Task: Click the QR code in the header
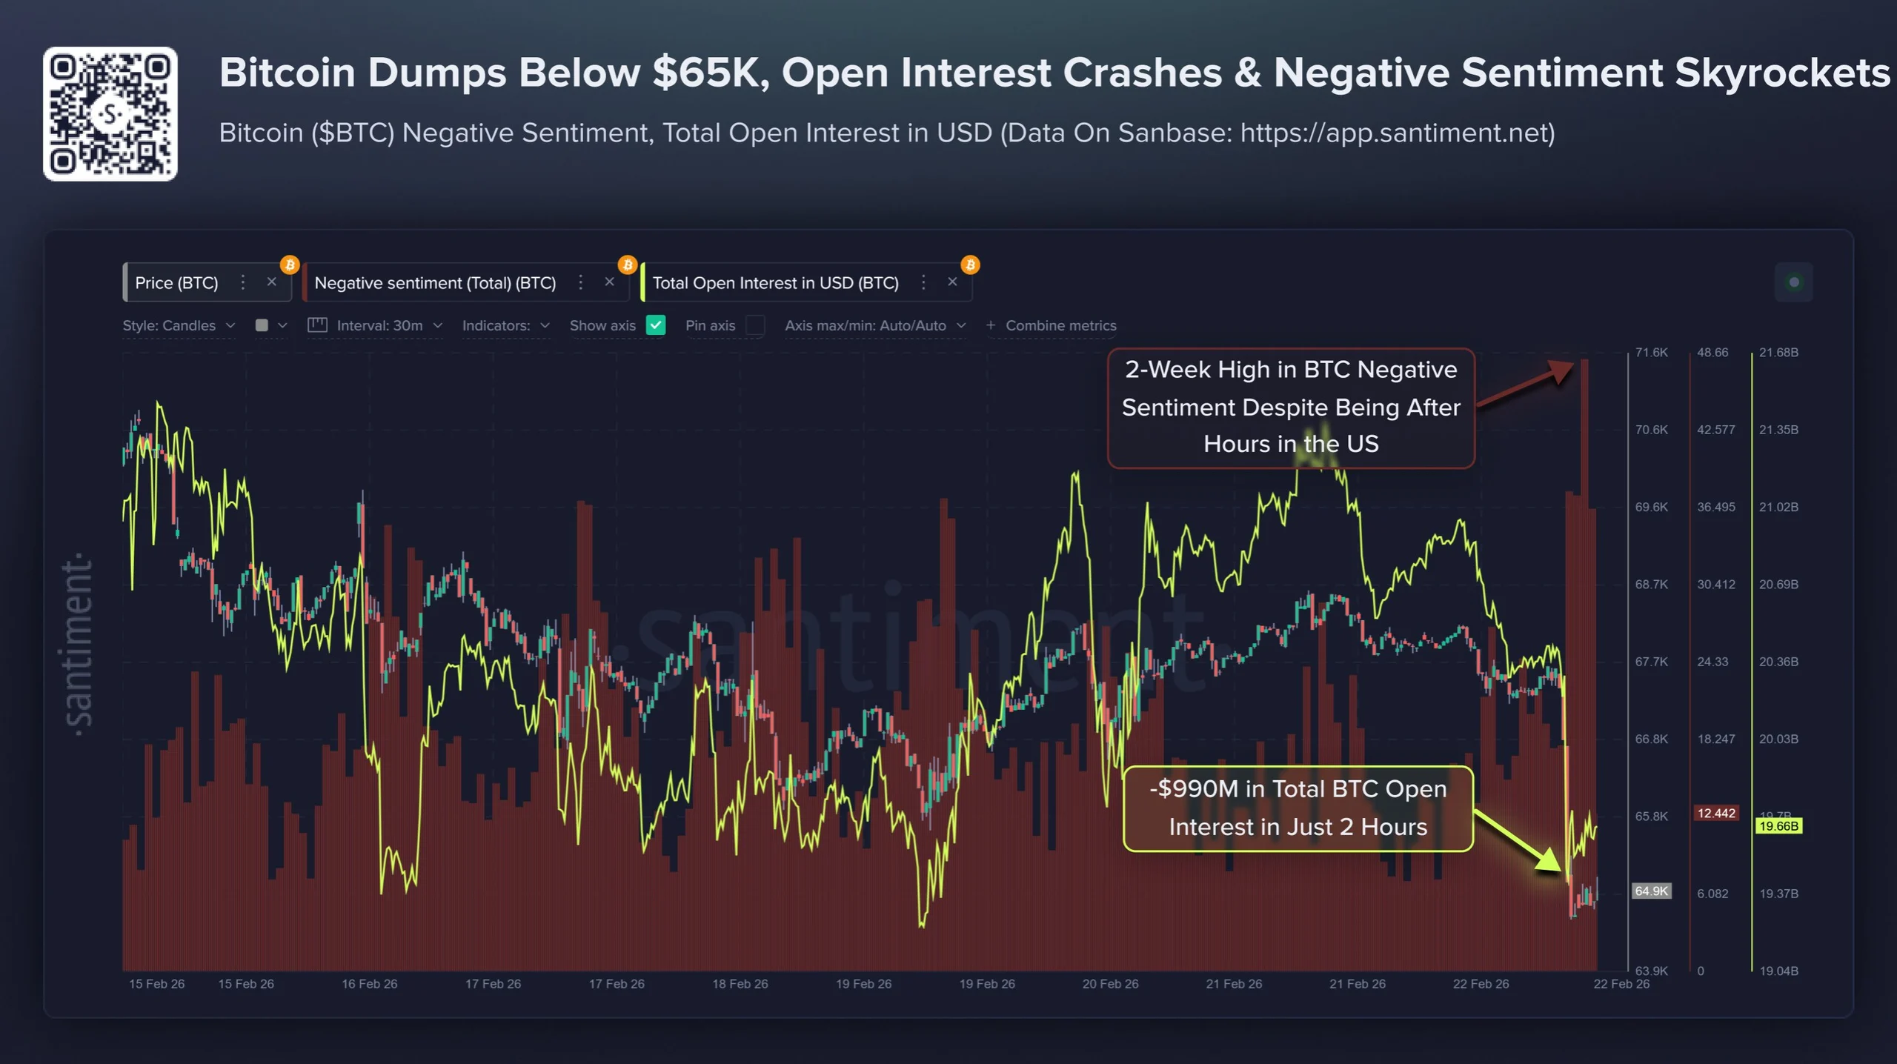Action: (x=110, y=113)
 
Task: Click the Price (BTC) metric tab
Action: (x=176, y=283)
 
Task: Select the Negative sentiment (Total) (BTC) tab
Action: (x=435, y=283)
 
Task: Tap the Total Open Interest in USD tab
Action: (x=775, y=283)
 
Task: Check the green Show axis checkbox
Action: (x=656, y=325)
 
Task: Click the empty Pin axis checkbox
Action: (x=755, y=325)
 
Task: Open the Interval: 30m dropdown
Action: (x=379, y=325)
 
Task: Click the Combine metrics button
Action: (x=1052, y=325)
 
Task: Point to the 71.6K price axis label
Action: (x=1651, y=353)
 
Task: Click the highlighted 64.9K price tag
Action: (x=1651, y=891)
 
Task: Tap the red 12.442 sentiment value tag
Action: (x=1715, y=814)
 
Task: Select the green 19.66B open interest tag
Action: (x=1778, y=826)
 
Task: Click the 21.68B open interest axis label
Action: (x=1778, y=353)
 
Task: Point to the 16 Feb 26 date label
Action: (x=369, y=984)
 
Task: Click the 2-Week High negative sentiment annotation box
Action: (x=1290, y=408)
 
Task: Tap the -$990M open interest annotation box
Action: (x=1298, y=808)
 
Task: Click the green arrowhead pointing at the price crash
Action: (x=1549, y=861)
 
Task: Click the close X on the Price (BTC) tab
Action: (x=271, y=282)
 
